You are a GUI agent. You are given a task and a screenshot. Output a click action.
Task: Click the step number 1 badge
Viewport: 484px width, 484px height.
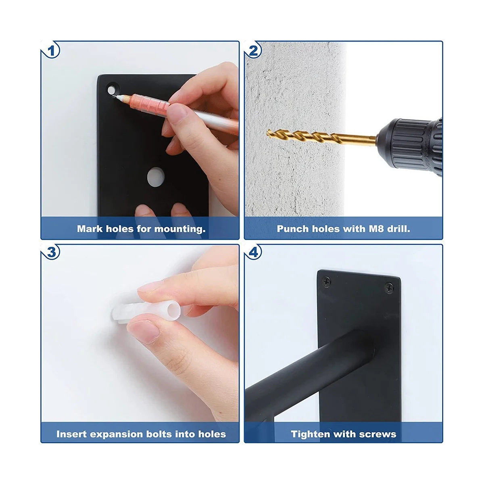point(51,51)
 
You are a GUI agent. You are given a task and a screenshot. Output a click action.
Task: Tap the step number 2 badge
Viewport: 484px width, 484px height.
point(253,51)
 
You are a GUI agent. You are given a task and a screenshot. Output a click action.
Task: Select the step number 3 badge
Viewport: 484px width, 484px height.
point(51,252)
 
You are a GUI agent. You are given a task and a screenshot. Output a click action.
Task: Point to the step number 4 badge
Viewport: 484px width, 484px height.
point(253,252)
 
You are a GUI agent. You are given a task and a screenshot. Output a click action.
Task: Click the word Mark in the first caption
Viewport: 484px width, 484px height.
point(90,229)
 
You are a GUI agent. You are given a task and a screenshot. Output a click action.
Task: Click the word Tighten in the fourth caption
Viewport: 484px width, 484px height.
point(310,441)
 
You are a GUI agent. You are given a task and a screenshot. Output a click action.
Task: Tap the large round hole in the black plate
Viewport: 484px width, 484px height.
point(155,177)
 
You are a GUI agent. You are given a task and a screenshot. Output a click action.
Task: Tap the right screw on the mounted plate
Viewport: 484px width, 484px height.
point(389,288)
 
